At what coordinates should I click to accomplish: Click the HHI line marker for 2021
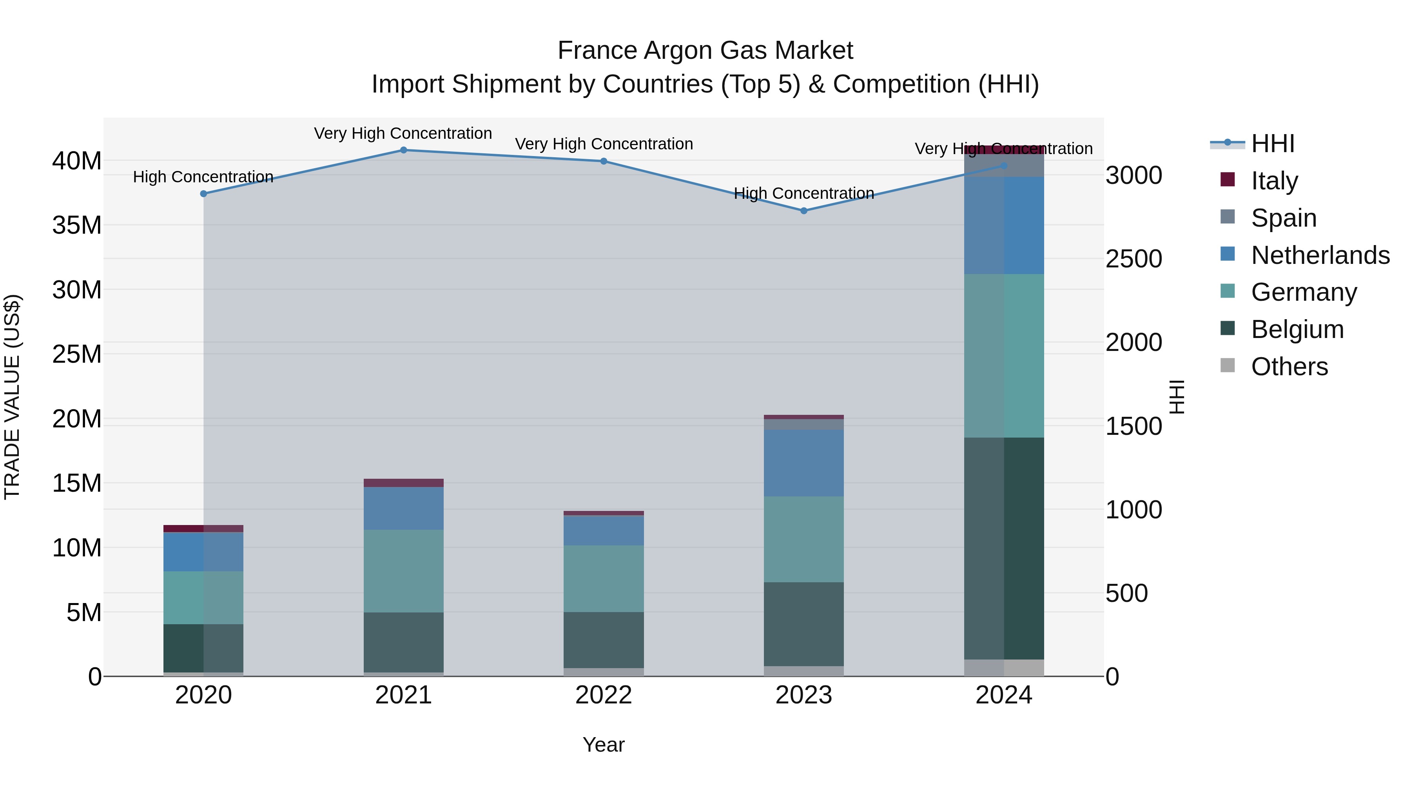[403, 150]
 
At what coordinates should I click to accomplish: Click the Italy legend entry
[1274, 180]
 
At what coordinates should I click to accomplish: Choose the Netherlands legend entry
[1320, 255]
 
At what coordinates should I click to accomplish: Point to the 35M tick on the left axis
[77, 225]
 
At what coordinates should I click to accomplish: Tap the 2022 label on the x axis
[604, 695]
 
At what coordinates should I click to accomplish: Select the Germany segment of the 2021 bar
[403, 571]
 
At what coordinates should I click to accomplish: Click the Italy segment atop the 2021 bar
[403, 483]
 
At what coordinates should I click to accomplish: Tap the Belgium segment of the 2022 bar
[604, 640]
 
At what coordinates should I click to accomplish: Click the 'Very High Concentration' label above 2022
[604, 144]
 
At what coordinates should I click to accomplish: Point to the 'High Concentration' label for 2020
[203, 176]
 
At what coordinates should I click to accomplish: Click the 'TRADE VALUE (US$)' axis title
[13, 397]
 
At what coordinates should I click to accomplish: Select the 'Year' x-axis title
[604, 745]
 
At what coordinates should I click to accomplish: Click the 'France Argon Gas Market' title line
[705, 51]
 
